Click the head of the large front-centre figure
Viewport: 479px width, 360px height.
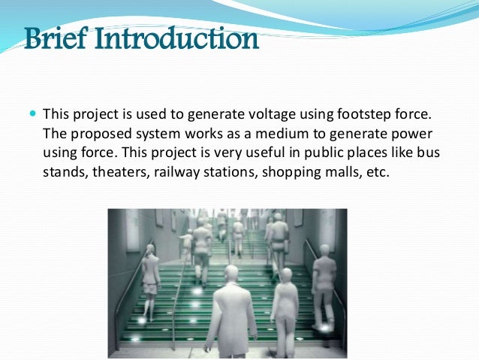(231, 272)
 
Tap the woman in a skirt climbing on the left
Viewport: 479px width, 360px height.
(151, 274)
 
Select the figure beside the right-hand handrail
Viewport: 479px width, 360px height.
(324, 282)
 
